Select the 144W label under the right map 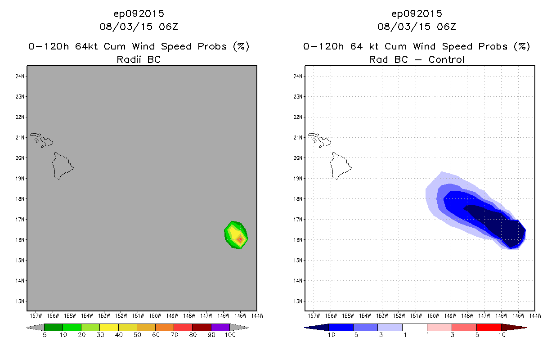pos(534,315)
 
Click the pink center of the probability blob pos(240,239)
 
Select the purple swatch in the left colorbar pos(220,327)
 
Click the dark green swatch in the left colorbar pos(54,327)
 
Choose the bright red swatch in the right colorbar pos(489,327)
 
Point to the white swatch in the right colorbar pos(414,327)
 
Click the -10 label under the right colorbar pos(328,335)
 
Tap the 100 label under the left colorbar pos(230,335)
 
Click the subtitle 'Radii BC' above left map pos(139,59)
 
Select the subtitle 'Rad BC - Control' pos(417,59)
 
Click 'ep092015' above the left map pos(139,13)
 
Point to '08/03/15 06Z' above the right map pos(417,27)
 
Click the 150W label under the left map pos(155,315)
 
